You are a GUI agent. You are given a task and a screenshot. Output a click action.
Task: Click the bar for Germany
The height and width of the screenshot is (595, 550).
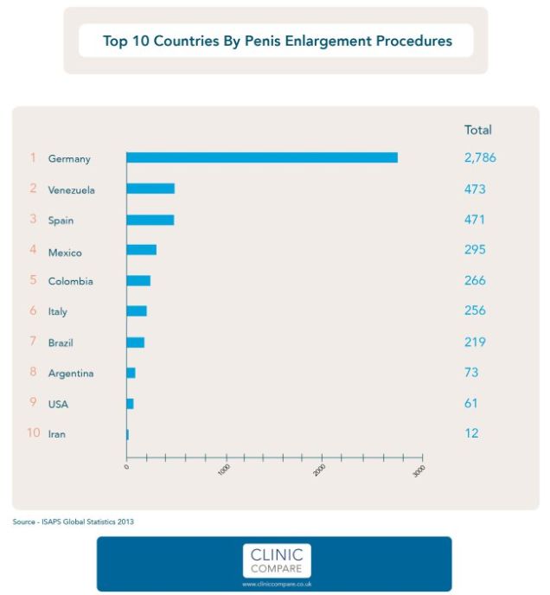coord(262,157)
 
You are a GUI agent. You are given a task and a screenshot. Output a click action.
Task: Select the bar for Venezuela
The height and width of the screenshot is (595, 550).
coord(150,189)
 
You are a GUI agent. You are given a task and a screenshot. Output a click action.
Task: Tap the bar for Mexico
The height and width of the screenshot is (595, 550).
coord(141,250)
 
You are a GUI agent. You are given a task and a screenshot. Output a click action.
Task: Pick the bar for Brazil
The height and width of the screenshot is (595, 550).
coord(135,342)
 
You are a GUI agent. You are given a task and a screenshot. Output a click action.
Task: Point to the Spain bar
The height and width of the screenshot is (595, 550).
coord(150,220)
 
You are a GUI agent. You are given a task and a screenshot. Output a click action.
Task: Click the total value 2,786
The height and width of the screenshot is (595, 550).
coord(480,158)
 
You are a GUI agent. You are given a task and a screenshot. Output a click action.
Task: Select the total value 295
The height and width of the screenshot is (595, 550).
coord(475,250)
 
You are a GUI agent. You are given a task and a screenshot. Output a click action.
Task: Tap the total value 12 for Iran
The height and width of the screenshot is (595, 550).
coord(471,433)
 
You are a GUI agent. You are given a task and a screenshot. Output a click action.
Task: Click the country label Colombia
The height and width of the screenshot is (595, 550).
coord(70,281)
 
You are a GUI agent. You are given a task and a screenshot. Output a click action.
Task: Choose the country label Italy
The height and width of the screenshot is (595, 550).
coord(57,311)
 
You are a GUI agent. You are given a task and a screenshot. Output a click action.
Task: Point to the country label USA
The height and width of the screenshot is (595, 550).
coord(58,404)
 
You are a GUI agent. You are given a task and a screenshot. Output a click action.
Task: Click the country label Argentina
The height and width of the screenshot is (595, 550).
coord(71,374)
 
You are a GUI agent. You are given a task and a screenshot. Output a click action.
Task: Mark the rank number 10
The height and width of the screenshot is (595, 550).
coord(33,433)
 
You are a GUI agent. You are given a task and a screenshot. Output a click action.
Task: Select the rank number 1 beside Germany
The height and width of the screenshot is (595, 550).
coord(33,158)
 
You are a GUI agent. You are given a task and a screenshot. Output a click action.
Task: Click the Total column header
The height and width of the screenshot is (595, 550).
coord(477,130)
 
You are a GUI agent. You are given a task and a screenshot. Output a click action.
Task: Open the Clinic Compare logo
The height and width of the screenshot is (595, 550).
coord(276,561)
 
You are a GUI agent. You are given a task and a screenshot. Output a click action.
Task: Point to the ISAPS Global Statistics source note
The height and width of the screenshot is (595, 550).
coord(74,521)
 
